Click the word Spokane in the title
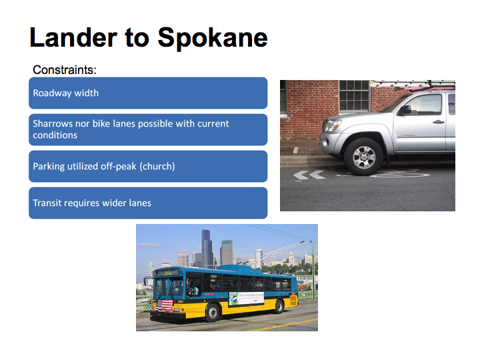[213, 38]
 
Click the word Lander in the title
[73, 37]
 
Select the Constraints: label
[65, 70]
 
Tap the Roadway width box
[148, 93]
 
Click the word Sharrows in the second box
[53, 123]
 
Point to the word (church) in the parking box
[157, 166]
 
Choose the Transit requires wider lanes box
[148, 203]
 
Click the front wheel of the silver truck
[364, 157]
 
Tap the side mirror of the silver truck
[405, 110]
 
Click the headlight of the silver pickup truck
[332, 125]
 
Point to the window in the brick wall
[354, 96]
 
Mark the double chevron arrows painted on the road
[309, 175]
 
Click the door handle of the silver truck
[439, 122]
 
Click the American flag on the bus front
[165, 305]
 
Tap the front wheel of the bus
[212, 313]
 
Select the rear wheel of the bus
[279, 307]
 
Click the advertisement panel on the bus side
[247, 299]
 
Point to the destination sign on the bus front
[167, 273]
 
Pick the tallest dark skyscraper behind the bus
[207, 249]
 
